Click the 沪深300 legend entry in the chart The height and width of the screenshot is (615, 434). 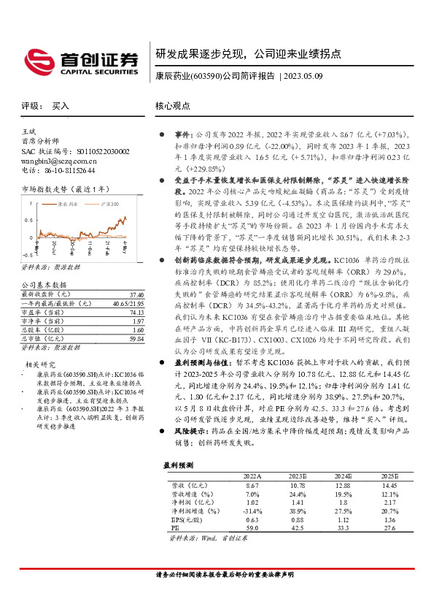[109, 205]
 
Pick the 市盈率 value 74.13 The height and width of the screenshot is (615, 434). [135, 311]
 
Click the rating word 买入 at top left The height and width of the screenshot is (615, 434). [61, 105]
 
